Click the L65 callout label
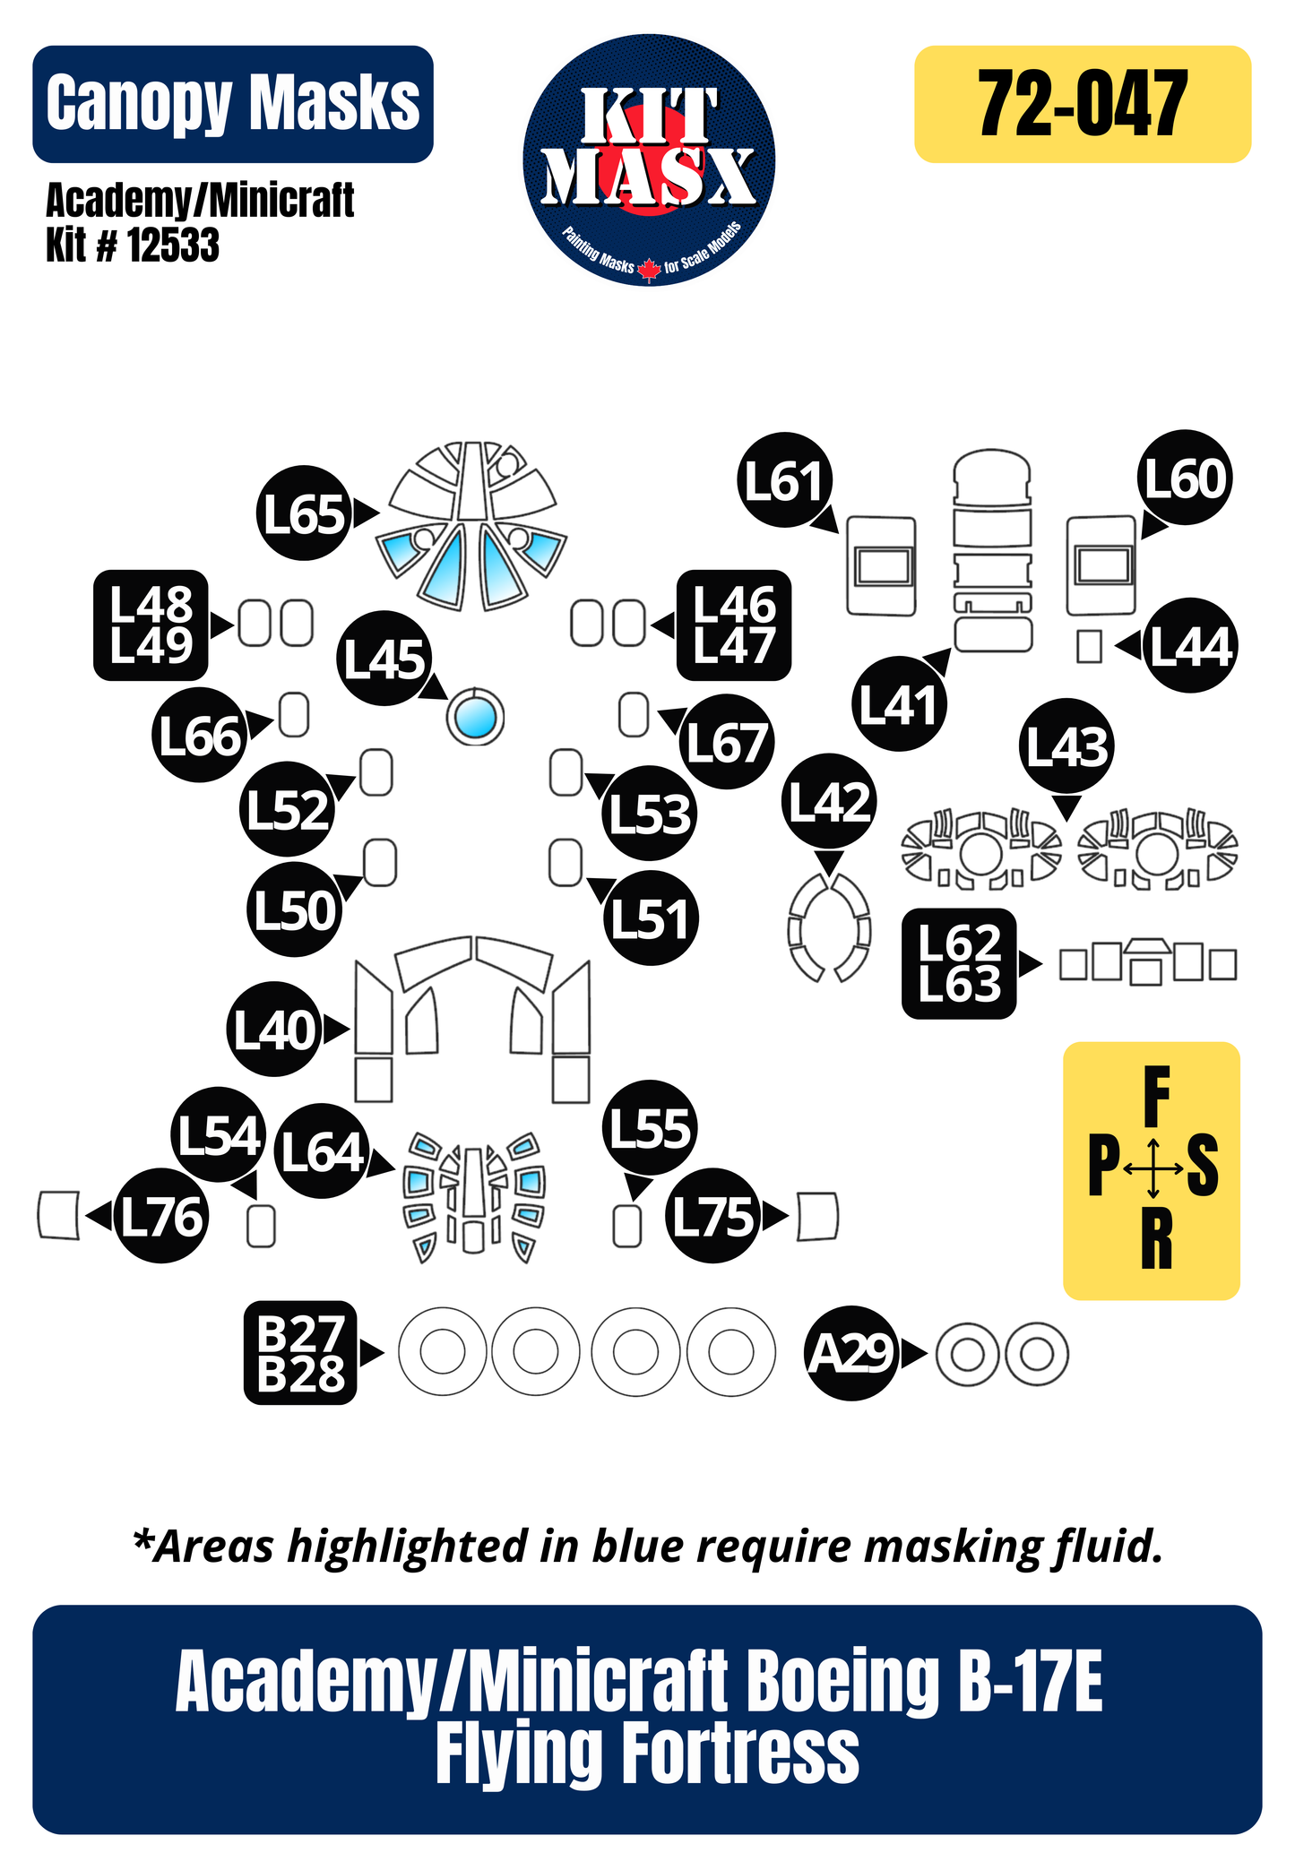tap(304, 513)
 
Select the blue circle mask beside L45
tap(475, 717)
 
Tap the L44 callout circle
tap(1190, 645)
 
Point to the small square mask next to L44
tap(1089, 646)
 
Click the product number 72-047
tap(1082, 104)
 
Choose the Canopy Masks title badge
tap(233, 104)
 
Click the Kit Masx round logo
tap(649, 160)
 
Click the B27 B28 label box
tap(300, 1353)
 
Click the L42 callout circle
tap(829, 801)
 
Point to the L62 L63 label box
tap(959, 963)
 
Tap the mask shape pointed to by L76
tap(59, 1215)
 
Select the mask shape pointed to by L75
tap(816, 1216)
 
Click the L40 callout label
tap(275, 1030)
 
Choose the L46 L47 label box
tap(734, 625)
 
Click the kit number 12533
tap(173, 245)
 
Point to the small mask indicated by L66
tap(294, 715)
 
